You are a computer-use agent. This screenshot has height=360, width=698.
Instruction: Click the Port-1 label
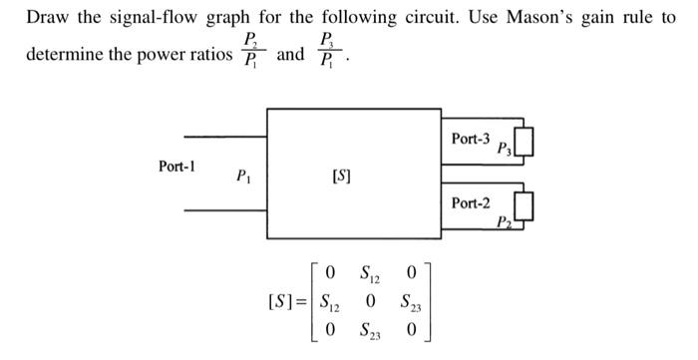(x=176, y=167)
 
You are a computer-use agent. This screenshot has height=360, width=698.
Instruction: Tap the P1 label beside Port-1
(x=242, y=178)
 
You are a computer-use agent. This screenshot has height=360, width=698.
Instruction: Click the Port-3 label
(x=471, y=137)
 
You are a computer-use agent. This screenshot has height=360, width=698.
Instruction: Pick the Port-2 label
(x=471, y=202)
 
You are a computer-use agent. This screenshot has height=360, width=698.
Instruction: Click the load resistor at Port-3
(x=526, y=144)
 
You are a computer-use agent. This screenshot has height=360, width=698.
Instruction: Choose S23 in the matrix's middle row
(x=410, y=300)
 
